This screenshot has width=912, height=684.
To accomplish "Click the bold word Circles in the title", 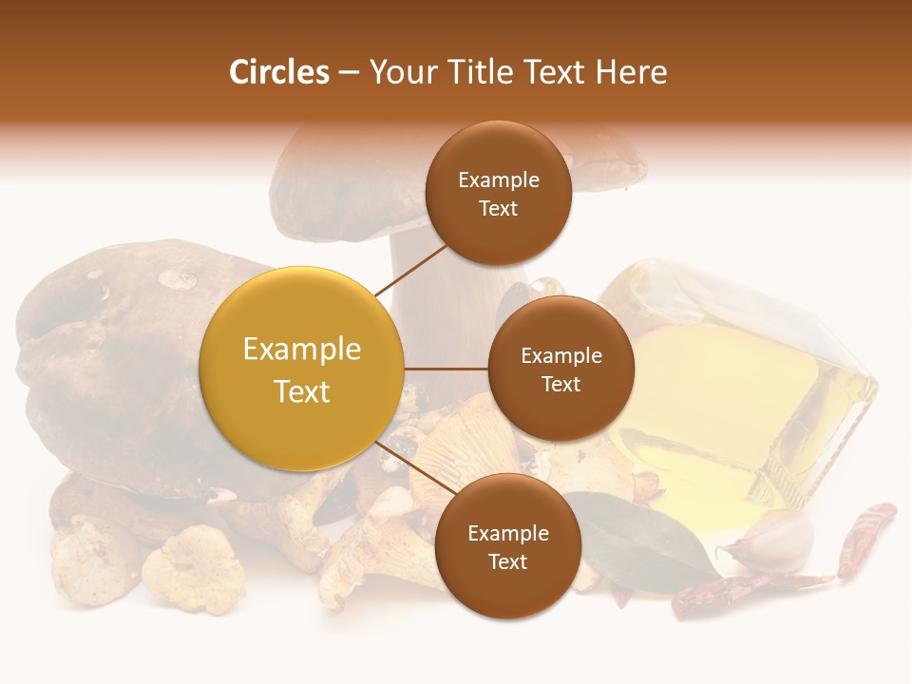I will tap(278, 72).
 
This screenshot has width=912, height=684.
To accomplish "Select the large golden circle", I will tap(302, 370).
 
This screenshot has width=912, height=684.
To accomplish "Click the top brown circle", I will tap(498, 194).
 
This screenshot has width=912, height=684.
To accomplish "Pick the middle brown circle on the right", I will tap(560, 370).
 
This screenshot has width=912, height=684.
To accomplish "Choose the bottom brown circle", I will tap(507, 547).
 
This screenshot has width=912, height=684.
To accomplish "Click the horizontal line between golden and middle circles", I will tap(446, 370).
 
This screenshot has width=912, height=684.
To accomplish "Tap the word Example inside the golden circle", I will tap(302, 349).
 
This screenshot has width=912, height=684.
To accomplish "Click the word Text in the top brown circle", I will tap(498, 209).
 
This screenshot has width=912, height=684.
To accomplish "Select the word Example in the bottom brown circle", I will tap(507, 533).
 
